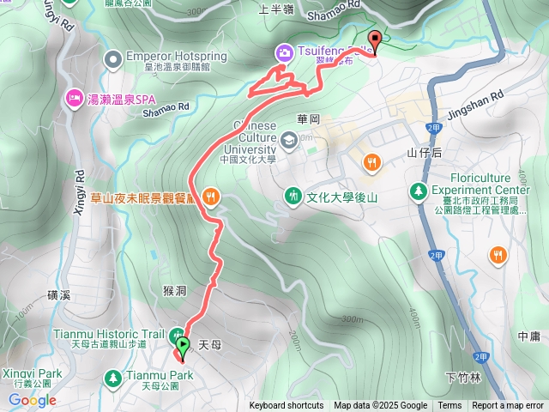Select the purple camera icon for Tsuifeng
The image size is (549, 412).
[x=282, y=53]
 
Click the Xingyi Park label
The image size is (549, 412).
[x=31, y=374]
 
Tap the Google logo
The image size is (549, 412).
[x=33, y=400]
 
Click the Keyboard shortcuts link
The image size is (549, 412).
[x=287, y=406]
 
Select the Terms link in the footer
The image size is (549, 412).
[x=449, y=406]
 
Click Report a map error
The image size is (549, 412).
[x=509, y=406]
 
